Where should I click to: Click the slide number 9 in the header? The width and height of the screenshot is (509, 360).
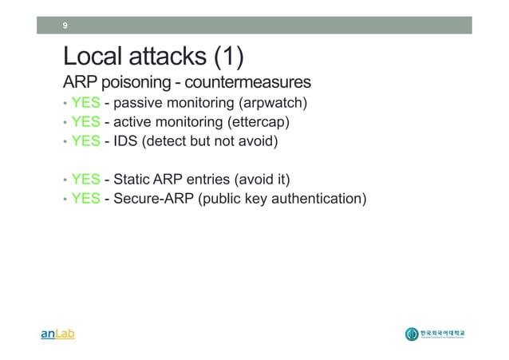pos(65,26)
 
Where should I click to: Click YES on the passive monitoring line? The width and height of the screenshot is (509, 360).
pos(85,103)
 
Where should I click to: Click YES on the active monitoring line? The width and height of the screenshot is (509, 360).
pos(85,122)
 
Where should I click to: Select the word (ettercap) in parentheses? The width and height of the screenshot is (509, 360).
pos(258,122)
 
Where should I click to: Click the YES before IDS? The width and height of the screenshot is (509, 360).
pos(85,141)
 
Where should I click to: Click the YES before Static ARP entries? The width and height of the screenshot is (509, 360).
pos(85,179)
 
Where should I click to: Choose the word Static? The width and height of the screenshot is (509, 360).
pos(133,179)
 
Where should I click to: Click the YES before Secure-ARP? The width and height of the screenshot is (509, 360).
pos(85,198)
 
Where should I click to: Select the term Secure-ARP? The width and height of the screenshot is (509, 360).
pos(153,198)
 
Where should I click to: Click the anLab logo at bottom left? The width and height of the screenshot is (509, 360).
pos(57,334)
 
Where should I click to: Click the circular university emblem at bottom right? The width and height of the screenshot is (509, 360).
pos(412,334)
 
